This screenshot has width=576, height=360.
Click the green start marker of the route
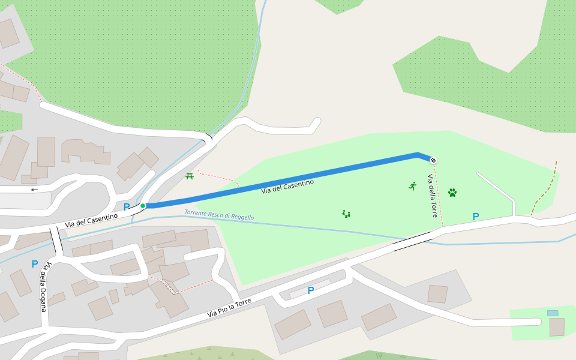tap(143, 206)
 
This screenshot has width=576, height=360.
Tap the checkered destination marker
tap(433, 160)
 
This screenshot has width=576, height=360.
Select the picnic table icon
tap(190, 176)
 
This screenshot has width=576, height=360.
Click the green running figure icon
tap(413, 186)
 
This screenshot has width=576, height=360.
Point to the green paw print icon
tap(452, 193)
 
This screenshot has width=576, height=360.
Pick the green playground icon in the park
tap(346, 214)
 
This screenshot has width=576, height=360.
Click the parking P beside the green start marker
tap(127, 207)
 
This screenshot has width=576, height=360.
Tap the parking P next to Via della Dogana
tap(35, 264)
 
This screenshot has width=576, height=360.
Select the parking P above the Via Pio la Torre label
tap(311, 290)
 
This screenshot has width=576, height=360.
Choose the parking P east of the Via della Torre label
tap(476, 217)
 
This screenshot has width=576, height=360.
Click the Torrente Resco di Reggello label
tap(219, 215)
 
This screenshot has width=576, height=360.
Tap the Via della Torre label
tap(433, 196)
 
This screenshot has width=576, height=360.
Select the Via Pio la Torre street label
tap(229, 307)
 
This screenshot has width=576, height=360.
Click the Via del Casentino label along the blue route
tap(287, 187)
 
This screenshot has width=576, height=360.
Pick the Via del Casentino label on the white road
tap(91, 220)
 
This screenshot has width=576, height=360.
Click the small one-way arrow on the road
tap(34, 190)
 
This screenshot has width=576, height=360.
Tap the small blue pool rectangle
tap(553, 313)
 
